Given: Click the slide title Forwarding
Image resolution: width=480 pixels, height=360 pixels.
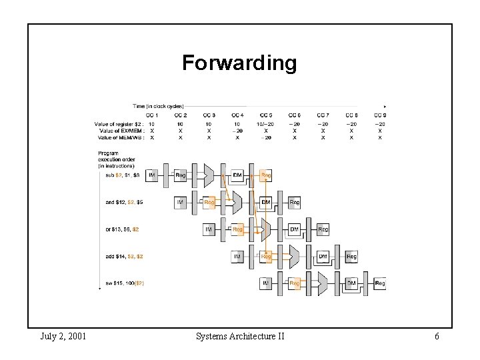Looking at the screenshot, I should (x=239, y=63).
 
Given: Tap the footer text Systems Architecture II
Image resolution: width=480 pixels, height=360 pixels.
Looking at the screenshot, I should (x=240, y=336).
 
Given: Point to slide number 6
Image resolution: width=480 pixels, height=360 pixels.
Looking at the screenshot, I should (x=437, y=336).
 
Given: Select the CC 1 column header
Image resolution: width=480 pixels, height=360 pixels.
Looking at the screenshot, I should (x=152, y=115).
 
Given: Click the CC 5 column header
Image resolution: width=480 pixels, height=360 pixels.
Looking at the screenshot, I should (x=266, y=115).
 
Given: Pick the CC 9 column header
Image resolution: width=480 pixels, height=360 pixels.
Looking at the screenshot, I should (x=380, y=115).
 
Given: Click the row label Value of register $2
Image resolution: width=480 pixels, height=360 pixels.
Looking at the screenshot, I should (x=119, y=124).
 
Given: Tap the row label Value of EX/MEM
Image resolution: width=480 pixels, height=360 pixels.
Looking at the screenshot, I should (x=122, y=131).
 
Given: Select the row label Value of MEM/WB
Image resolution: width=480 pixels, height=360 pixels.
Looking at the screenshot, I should (x=121, y=137).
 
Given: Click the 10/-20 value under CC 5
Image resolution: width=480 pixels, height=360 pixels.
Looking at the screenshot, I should (x=266, y=124).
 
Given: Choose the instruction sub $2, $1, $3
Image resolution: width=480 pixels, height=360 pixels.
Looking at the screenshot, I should (x=123, y=175).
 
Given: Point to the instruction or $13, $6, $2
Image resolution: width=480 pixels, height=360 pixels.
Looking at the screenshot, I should (x=122, y=229).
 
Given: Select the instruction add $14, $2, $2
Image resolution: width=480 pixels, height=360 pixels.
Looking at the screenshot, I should (x=124, y=256).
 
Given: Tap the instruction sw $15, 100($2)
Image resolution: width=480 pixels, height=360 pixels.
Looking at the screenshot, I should (x=125, y=283).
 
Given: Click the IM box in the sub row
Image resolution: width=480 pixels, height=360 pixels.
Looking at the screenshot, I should (x=152, y=175).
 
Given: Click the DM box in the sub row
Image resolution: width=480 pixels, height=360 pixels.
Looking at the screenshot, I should (x=237, y=175).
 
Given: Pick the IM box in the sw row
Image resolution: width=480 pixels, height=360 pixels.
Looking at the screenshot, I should (x=266, y=283).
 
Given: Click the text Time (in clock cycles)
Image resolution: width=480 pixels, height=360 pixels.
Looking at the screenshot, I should (x=158, y=106).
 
